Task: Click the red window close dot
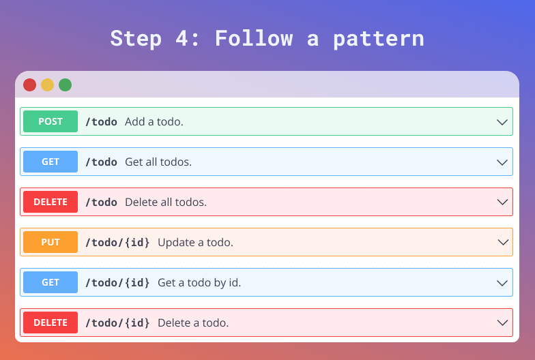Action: tap(30, 85)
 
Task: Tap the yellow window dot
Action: tap(48, 85)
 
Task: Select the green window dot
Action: tap(66, 85)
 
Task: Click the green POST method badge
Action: tap(50, 121)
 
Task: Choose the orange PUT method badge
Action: tap(50, 242)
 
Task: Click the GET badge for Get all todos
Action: tap(50, 162)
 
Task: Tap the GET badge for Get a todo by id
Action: tap(50, 282)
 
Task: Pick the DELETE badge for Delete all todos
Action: tap(50, 202)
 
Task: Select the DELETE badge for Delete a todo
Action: tap(50, 322)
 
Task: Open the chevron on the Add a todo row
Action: tap(502, 122)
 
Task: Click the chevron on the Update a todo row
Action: tap(502, 243)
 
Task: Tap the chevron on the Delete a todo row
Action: tap(502, 323)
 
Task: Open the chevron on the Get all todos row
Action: tap(502, 162)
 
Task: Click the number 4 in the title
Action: tap(182, 38)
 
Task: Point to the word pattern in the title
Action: tap(378, 39)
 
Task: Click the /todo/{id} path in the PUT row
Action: tap(117, 243)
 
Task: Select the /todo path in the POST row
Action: tap(101, 121)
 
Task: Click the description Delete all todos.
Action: tap(166, 202)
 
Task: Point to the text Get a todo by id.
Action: tap(199, 283)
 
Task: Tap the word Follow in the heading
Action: tap(254, 38)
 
